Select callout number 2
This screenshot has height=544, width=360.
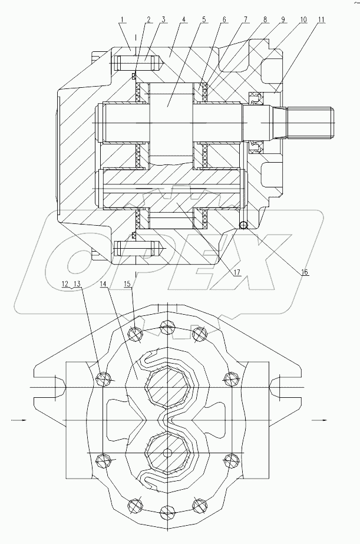pos(148,19)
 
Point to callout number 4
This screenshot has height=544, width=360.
pos(184,19)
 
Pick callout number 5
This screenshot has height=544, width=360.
pos(203,19)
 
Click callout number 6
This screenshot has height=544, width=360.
pos(224,19)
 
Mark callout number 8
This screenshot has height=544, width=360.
pos(265,19)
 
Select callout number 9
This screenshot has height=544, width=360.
pos(283,19)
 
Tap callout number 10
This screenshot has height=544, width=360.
pos(303,19)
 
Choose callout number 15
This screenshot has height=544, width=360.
pos(127,284)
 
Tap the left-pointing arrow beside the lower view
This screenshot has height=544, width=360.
pos(18,420)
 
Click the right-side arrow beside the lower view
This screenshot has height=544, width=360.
pos(318,420)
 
